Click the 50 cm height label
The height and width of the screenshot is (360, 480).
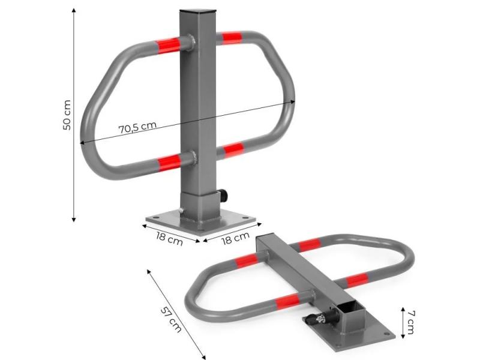(67, 115)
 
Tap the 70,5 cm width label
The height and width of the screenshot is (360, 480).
(137, 127)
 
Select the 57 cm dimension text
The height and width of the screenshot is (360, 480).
(171, 320)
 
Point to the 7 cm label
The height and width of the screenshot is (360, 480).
(411, 322)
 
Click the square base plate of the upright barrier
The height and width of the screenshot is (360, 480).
(201, 221)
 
